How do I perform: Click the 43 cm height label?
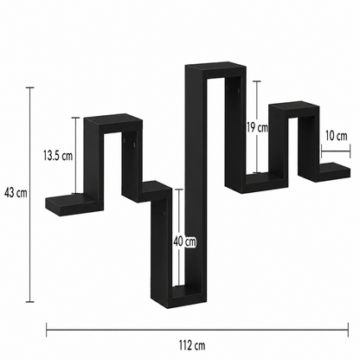tap(16, 193)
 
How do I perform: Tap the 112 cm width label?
tap(192, 344)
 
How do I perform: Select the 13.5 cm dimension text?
tap(58, 156)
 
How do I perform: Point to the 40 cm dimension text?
tap(184, 241)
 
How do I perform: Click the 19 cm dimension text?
tap(257, 127)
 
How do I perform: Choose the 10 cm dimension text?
tap(337, 136)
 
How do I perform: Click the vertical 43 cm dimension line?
tap(30, 195)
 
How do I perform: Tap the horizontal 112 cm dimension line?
tap(197, 330)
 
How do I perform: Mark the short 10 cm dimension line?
tap(336, 151)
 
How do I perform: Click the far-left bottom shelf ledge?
tap(74, 202)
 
